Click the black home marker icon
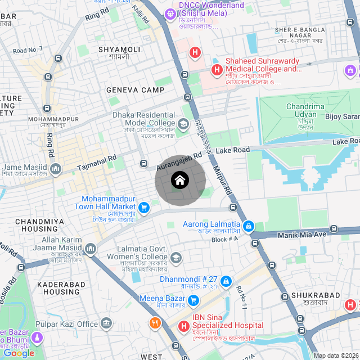[179, 181]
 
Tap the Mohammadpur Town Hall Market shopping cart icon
[144, 208]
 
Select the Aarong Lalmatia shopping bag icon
[248, 227]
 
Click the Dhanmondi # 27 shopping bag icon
[226, 281]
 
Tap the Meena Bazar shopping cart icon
[194, 300]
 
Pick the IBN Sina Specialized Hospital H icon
[184, 326]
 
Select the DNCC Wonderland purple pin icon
[170, 13]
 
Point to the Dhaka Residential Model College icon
[183, 124]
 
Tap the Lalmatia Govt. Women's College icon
[176, 258]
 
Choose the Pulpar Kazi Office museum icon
[106, 323]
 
